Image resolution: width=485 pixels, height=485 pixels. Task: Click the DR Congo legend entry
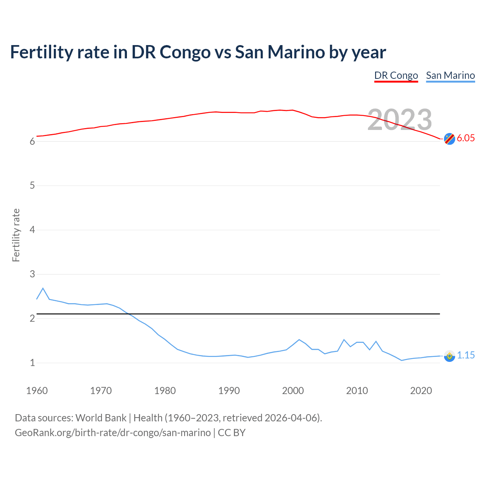tap(396, 75)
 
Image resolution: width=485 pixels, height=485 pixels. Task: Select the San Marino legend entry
tap(450, 75)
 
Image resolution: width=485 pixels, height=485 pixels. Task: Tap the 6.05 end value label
tap(466, 138)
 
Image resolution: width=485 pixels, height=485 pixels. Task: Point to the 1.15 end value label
tap(466, 355)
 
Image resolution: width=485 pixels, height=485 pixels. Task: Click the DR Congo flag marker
tap(449, 139)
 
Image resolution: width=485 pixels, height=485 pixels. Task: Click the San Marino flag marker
tap(449, 356)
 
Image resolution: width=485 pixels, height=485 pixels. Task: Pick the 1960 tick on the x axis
tap(37, 391)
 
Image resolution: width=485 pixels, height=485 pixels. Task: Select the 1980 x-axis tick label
tap(165, 391)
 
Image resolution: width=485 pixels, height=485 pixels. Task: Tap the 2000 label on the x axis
tap(293, 391)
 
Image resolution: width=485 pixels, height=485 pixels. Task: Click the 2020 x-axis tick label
tap(421, 391)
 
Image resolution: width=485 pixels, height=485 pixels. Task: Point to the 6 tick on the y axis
tap(32, 142)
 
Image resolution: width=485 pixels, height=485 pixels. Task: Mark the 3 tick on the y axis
tap(32, 274)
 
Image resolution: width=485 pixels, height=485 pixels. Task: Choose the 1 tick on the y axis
tap(32, 363)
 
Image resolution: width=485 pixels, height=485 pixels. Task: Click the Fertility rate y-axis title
tap(16, 235)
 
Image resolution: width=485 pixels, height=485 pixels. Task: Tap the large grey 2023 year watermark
tap(400, 120)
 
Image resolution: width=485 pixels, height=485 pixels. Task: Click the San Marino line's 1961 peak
tap(43, 288)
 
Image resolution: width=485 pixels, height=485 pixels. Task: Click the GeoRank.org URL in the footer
tap(113, 433)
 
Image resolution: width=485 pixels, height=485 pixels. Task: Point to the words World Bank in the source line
tap(101, 418)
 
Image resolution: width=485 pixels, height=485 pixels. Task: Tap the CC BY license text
tap(232, 433)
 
